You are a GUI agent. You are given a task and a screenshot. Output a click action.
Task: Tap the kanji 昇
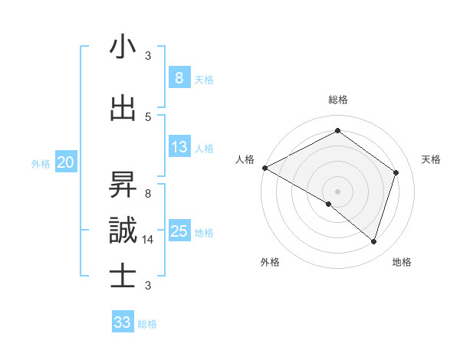123,185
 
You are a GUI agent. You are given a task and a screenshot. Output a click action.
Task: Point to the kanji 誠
123,231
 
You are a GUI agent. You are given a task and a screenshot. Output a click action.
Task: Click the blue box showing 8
179,77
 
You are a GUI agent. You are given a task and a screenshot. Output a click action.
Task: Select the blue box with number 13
179,147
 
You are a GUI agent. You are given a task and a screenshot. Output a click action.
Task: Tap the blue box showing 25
179,231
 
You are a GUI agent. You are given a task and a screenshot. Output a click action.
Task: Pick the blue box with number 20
66,162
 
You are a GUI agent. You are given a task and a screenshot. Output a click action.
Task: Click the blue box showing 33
123,322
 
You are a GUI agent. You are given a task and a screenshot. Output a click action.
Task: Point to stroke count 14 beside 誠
149,240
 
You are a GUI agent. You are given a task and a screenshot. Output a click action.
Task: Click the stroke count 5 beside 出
148,116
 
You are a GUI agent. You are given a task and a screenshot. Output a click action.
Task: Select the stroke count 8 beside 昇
148,193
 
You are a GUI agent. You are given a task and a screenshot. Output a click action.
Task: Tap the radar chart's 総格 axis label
337,100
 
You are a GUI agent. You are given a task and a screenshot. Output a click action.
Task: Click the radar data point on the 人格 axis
264,168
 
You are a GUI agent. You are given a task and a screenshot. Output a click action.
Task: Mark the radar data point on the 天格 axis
396,172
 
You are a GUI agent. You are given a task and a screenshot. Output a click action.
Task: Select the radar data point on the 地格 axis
373,241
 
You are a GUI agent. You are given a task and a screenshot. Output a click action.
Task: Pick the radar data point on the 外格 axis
329,204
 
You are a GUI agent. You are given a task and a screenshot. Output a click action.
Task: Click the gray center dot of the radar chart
337,191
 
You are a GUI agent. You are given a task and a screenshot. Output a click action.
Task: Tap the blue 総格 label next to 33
147,324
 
